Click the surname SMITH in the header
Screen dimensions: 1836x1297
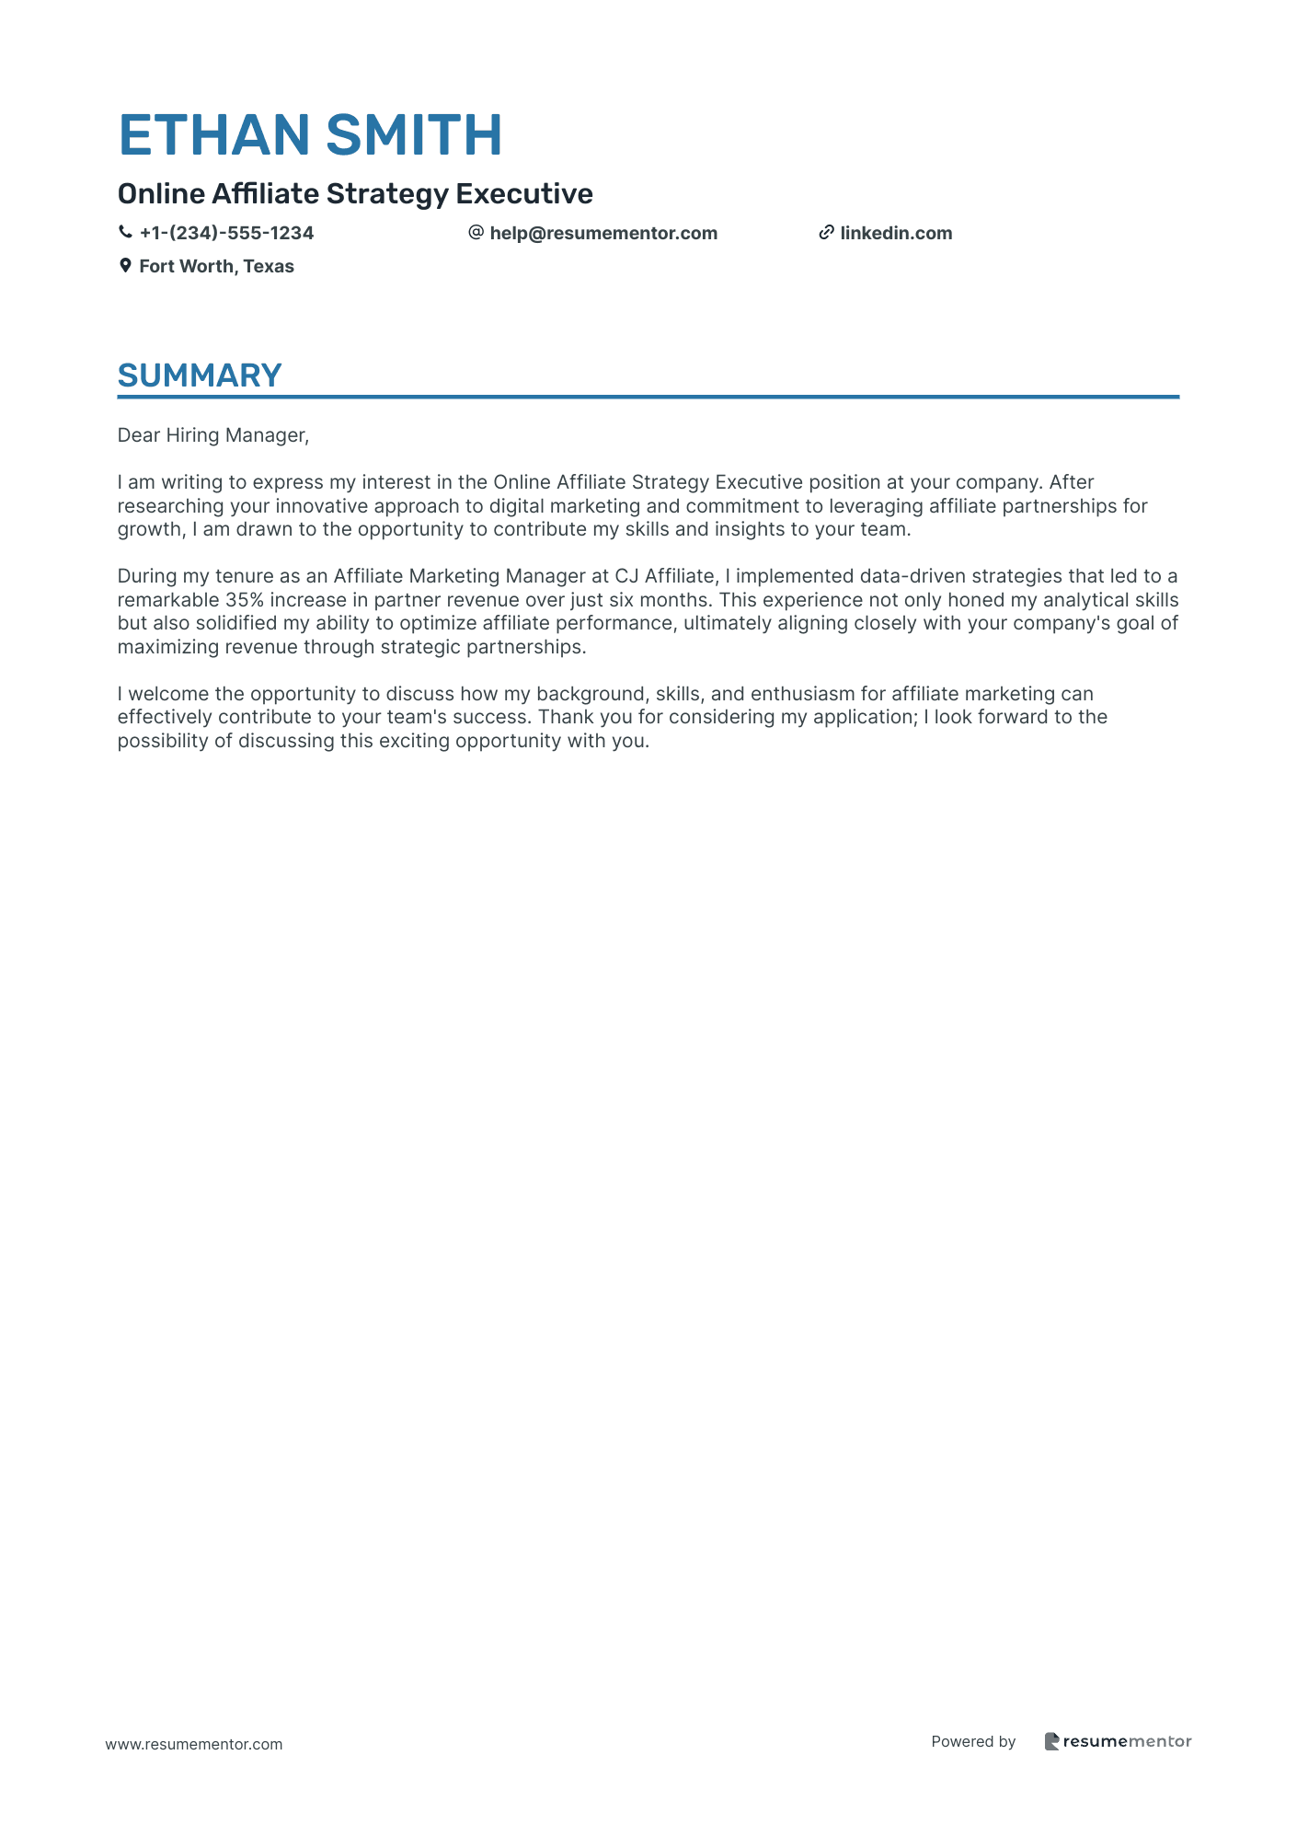pyautogui.click(x=414, y=134)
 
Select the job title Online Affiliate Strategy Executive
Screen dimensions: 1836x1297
pyautogui.click(x=355, y=193)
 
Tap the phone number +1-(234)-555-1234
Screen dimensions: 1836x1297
pyautogui.click(x=226, y=233)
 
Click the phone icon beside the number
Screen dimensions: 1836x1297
pyautogui.click(x=125, y=233)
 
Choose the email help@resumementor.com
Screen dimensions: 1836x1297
pyautogui.click(x=603, y=233)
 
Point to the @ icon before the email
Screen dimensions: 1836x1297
pyautogui.click(x=476, y=233)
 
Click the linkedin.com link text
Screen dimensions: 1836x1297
pyautogui.click(x=896, y=233)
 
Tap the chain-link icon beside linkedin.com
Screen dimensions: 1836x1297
pyautogui.click(x=826, y=233)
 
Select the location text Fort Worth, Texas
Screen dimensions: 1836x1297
pyautogui.click(x=216, y=266)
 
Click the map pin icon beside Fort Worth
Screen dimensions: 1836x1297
pyautogui.click(x=125, y=266)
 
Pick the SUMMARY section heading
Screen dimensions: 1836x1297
pyautogui.click(x=200, y=375)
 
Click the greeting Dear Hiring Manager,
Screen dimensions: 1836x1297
pyautogui.click(x=213, y=435)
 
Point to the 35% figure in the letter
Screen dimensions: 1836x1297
pyautogui.click(x=245, y=600)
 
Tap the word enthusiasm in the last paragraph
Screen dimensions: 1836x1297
pyautogui.click(x=803, y=694)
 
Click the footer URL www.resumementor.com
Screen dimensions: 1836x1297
pyautogui.click(x=194, y=1744)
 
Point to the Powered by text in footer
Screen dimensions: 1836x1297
pyautogui.click(x=973, y=1741)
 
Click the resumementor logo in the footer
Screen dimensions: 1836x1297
pyautogui.click(x=1118, y=1741)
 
